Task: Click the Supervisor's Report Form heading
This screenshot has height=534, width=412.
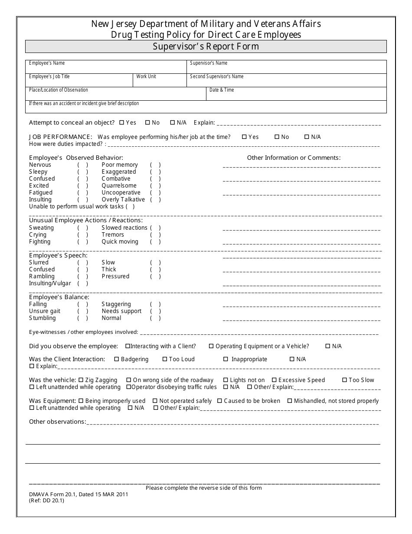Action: point(206,46)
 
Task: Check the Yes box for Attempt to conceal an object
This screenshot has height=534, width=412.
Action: point(121,123)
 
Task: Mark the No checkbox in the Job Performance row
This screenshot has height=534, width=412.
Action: point(277,137)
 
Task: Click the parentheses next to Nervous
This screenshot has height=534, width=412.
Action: point(83,165)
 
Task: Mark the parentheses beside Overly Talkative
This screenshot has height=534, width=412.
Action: point(155,200)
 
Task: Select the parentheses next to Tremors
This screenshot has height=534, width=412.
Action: point(155,235)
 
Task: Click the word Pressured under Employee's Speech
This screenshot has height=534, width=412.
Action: point(115,277)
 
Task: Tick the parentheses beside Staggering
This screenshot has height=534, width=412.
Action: point(155,304)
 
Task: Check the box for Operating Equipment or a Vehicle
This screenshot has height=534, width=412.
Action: point(211,346)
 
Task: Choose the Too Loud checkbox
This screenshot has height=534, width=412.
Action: point(165,359)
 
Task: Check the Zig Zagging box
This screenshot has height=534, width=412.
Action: point(81,380)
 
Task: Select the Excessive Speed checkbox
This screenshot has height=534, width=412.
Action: point(274,380)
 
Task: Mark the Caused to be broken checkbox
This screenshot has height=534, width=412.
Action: point(219,401)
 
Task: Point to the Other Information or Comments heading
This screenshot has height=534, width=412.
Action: point(294,158)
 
